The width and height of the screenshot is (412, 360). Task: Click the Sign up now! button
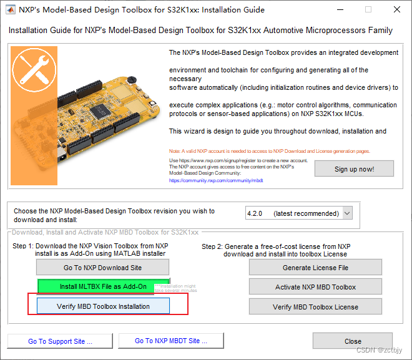point(354,169)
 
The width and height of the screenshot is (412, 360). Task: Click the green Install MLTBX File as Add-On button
point(103,287)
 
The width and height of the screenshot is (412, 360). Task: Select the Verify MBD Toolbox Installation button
point(103,306)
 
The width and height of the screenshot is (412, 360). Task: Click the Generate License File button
point(315,268)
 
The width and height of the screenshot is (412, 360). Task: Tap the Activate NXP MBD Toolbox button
point(315,287)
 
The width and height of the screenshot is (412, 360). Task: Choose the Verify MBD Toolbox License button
point(315,307)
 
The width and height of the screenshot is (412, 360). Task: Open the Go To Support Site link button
point(60,341)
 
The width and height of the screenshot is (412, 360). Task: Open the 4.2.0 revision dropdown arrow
point(347,213)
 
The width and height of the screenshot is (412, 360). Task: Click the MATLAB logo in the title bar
point(11,10)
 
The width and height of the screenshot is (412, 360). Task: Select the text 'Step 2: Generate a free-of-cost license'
point(276,246)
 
